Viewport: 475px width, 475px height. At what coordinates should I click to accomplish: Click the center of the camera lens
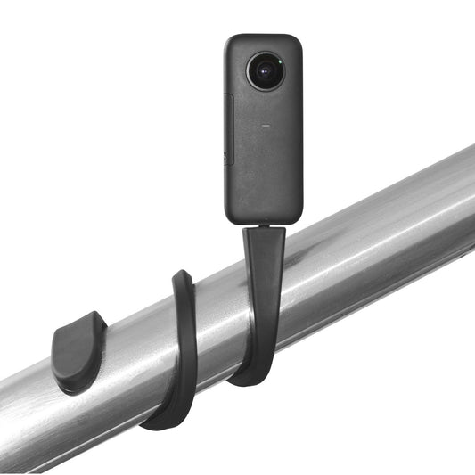pos(265,71)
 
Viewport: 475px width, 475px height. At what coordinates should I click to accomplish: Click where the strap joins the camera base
pos(265,227)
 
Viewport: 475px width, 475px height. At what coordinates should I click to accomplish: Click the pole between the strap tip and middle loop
pos(134,339)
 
